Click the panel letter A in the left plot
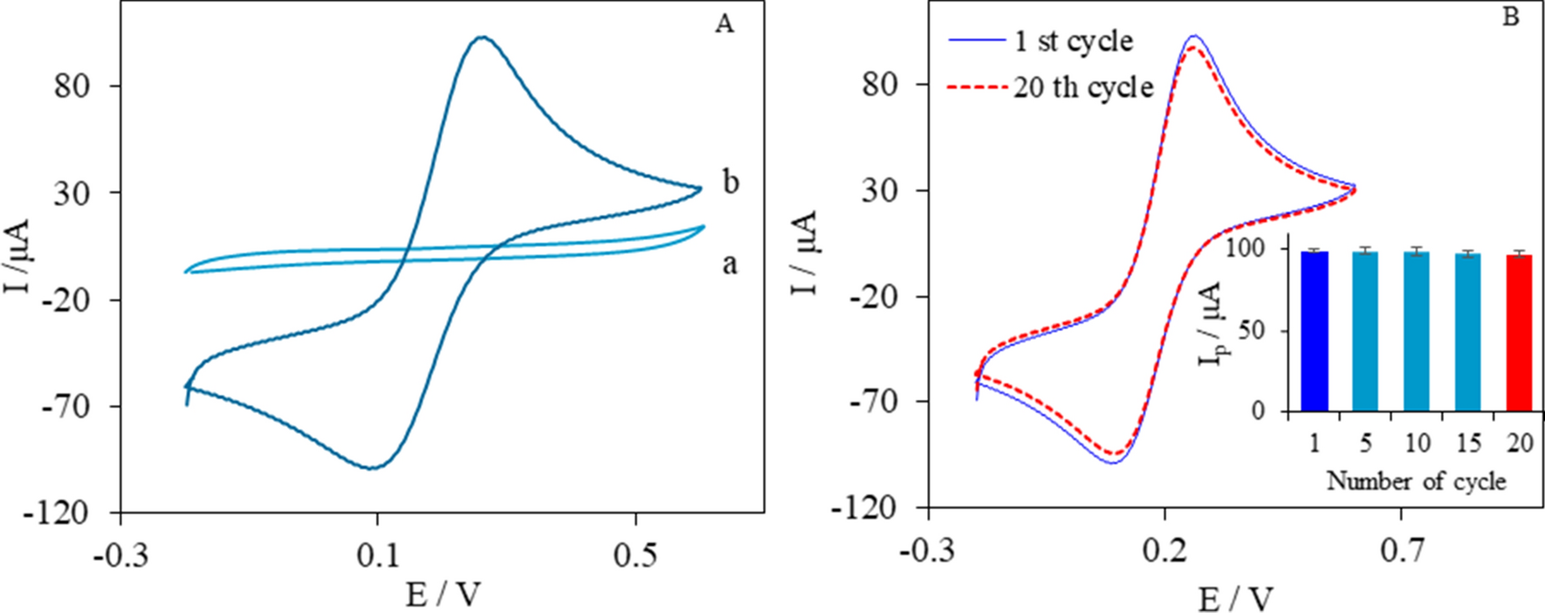pos(724,24)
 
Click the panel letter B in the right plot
pos(1511,17)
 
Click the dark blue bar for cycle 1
pos(1314,332)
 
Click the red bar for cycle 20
pos(1519,334)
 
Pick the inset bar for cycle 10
pos(1417,332)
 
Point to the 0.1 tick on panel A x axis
pos(377,555)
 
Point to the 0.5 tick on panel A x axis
pos(635,555)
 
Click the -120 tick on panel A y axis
pos(80,513)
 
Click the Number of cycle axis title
pos(1416,480)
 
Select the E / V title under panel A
pos(443,595)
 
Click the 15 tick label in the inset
pos(1468,444)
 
